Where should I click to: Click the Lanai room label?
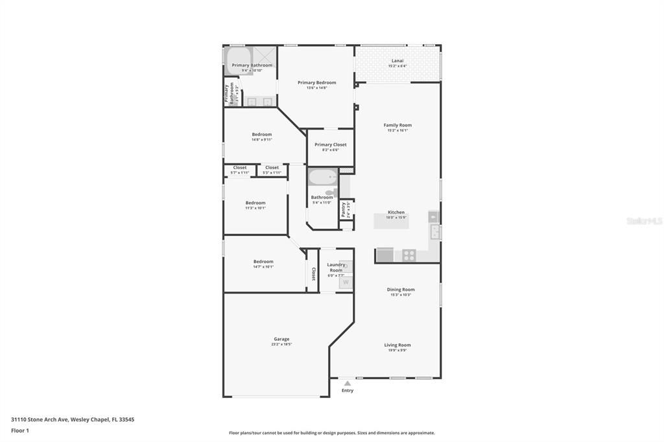tap(397, 60)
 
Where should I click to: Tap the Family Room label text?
tap(397, 125)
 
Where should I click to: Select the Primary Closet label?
tap(331, 145)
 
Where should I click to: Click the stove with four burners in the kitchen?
tap(409, 255)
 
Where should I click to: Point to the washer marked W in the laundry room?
tap(346, 282)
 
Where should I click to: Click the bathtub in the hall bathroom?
tap(322, 177)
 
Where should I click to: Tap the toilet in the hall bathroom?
tap(331, 192)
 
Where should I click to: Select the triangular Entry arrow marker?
tap(348, 383)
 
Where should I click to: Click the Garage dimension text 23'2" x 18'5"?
tap(281, 344)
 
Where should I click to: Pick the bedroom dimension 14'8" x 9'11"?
tap(262, 139)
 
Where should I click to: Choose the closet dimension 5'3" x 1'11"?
tap(272, 172)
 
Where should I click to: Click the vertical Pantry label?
tap(343, 209)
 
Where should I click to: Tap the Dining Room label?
tap(401, 290)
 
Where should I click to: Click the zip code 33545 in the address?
tap(126, 419)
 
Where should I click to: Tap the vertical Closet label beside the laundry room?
tap(314, 273)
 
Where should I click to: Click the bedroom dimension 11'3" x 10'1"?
tap(255, 208)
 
